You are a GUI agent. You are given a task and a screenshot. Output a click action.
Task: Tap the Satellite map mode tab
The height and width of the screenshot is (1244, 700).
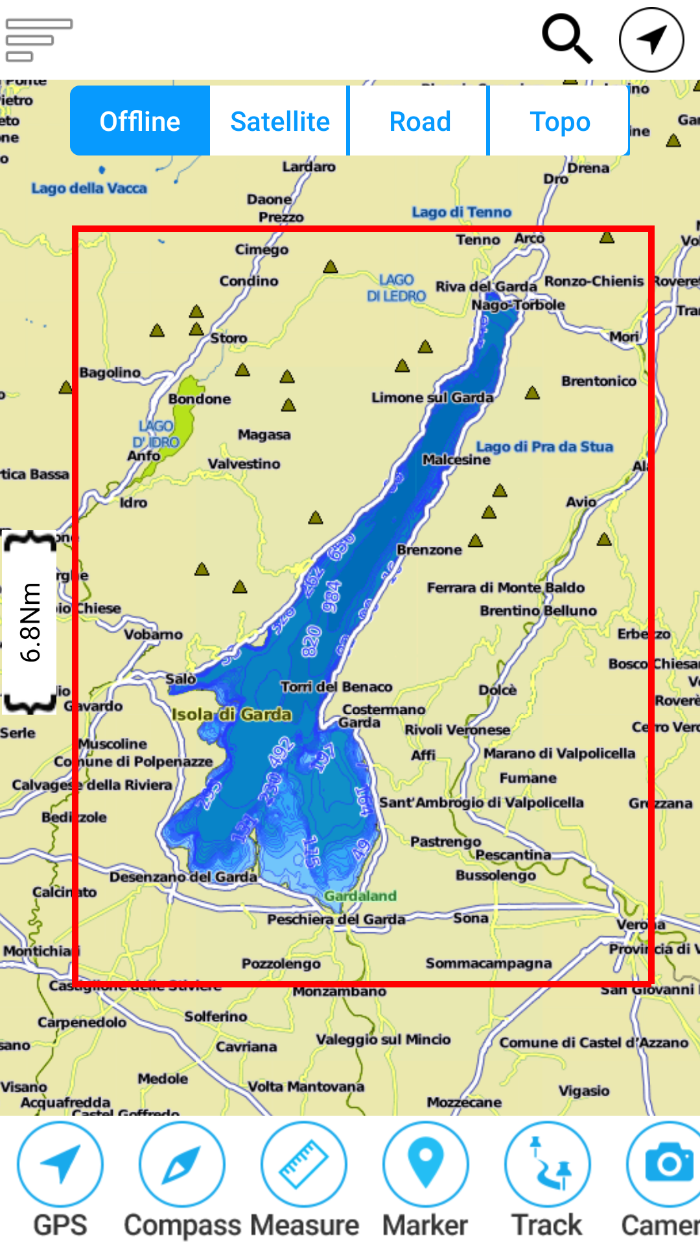click(279, 121)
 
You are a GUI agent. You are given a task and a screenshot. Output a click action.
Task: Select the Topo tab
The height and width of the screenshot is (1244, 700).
click(559, 121)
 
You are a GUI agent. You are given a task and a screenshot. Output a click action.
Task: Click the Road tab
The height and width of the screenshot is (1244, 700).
click(419, 121)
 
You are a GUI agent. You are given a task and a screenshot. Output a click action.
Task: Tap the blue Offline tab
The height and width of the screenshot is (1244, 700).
click(140, 121)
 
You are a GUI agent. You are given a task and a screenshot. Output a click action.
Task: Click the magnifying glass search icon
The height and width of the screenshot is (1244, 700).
click(567, 39)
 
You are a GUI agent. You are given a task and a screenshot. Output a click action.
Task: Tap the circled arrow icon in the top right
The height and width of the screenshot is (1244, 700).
click(651, 39)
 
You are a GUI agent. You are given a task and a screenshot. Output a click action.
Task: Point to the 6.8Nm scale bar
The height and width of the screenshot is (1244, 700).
click(30, 622)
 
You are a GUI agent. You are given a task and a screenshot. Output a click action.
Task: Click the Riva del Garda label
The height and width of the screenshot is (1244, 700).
click(485, 286)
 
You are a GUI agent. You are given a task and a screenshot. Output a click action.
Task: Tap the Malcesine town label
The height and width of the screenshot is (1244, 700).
click(456, 459)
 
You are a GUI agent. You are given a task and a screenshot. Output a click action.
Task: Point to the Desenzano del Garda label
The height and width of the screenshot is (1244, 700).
click(183, 877)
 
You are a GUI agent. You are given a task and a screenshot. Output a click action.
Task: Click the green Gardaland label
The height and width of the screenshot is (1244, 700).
click(360, 895)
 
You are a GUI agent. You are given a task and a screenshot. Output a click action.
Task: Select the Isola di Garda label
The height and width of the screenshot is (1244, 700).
click(231, 714)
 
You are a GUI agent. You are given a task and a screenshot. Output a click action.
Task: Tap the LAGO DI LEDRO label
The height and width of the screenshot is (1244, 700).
click(396, 288)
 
